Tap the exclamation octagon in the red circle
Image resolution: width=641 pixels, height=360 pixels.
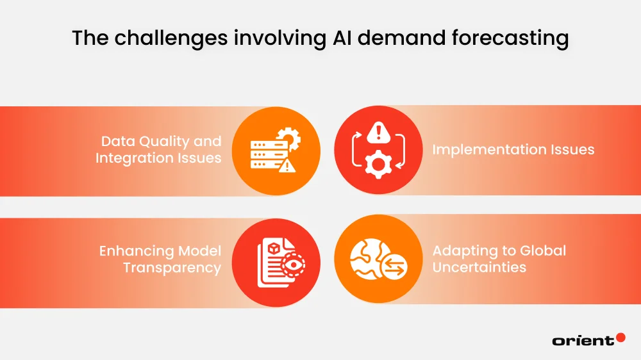pyautogui.click(x=379, y=133)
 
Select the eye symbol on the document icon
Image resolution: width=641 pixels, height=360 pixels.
pyautogui.click(x=293, y=263)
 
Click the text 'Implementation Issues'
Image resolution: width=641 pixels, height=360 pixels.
pyautogui.click(x=513, y=150)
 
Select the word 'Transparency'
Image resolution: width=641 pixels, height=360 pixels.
pyautogui.click(x=172, y=267)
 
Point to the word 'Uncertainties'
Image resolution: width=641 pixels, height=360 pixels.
pyautogui.click(x=479, y=266)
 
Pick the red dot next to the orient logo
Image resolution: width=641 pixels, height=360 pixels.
pyautogui.click(x=620, y=338)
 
